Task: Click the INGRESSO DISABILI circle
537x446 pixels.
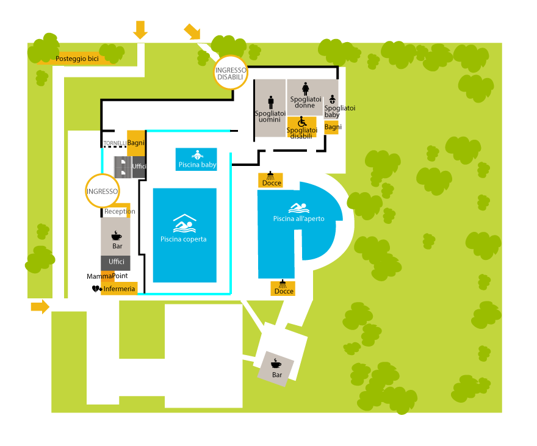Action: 230,74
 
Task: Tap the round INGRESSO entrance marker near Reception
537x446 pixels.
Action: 102,190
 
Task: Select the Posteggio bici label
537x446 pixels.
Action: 77,59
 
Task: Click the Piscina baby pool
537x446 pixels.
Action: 197,159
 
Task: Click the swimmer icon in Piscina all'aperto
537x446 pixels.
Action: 298,207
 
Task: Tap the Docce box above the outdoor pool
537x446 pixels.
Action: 271,180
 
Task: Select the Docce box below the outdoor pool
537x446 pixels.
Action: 283,288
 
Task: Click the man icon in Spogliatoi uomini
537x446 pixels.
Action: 272,101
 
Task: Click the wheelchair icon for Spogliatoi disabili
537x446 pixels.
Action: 302,122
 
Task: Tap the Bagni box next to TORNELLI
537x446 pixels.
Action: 135,143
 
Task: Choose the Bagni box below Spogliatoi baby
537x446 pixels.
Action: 333,127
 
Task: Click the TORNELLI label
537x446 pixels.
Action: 115,143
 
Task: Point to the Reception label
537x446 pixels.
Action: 120,212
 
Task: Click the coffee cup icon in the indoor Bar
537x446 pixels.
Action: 116,236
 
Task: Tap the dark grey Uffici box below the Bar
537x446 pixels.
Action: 116,262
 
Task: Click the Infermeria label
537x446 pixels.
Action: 119,289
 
